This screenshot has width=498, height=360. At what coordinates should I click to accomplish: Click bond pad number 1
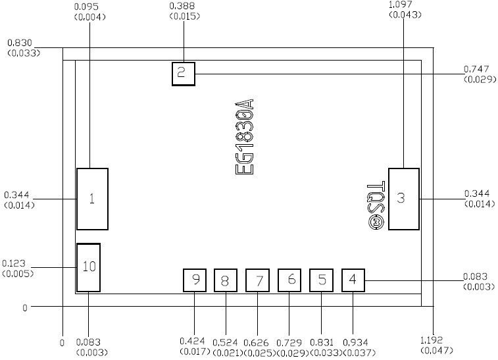click(92, 199)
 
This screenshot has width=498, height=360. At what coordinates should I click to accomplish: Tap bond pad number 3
click(403, 199)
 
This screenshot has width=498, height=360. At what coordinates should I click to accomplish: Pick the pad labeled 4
click(353, 280)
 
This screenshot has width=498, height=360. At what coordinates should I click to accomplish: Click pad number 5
click(322, 280)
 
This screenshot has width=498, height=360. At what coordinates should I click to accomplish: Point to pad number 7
click(258, 280)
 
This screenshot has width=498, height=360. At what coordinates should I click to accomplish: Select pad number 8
click(225, 280)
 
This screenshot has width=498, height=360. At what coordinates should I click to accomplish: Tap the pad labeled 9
click(195, 280)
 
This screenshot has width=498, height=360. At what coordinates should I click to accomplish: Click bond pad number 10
click(89, 267)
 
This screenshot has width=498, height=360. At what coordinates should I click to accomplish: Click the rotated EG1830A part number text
click(244, 137)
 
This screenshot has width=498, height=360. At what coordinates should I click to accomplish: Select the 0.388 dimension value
click(182, 6)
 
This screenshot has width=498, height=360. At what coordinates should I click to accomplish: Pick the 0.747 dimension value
click(476, 69)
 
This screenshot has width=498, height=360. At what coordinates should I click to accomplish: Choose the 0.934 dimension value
click(353, 342)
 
